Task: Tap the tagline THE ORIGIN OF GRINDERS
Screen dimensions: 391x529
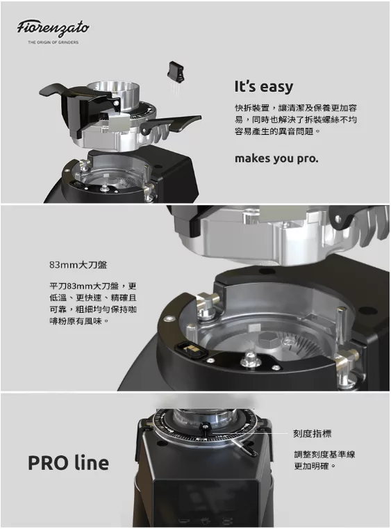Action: [53, 42]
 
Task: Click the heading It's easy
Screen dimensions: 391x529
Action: [264, 86]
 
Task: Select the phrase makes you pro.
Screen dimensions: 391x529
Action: [276, 158]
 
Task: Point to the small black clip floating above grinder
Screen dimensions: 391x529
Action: [176, 71]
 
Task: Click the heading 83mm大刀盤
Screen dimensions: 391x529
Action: [78, 265]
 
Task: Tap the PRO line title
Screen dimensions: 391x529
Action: [68, 463]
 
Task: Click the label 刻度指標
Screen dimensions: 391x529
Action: [312, 433]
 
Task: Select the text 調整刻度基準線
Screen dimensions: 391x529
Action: [324, 455]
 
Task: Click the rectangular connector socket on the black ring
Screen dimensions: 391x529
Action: [190, 350]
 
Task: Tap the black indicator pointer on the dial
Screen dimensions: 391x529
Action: [206, 429]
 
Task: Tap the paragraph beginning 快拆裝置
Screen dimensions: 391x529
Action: [296, 120]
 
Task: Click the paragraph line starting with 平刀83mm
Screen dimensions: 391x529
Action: [92, 286]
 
